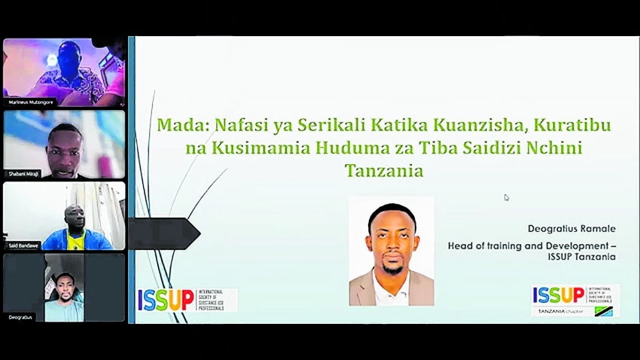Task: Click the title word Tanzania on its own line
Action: (x=384, y=170)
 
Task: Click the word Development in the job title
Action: (x=574, y=245)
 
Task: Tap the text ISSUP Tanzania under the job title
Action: (x=581, y=257)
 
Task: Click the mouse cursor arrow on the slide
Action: (x=507, y=198)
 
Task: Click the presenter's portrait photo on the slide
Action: (x=391, y=250)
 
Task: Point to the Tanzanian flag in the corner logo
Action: (x=603, y=311)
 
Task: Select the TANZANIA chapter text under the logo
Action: (x=562, y=311)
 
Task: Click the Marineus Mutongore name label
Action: (x=31, y=102)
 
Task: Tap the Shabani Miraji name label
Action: (x=24, y=173)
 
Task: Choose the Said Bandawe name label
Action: (x=25, y=246)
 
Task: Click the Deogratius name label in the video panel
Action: (x=20, y=317)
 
